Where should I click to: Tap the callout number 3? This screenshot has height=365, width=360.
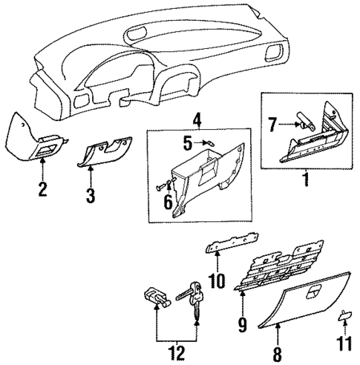click(x=90, y=197)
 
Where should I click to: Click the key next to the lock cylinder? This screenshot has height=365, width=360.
click(x=194, y=297)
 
